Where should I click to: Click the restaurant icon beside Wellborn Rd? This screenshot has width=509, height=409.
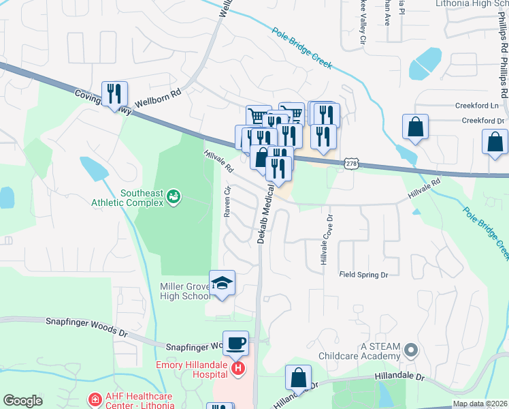coord(114,93)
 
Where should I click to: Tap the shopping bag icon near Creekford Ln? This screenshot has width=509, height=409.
coord(414,127)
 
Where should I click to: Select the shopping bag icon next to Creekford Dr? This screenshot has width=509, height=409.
coord(495,142)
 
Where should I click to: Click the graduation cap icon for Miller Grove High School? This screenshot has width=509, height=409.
coord(222,283)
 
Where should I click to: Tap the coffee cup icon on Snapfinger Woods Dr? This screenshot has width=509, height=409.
coord(235,343)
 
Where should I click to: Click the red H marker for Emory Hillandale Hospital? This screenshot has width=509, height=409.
coord(237,369)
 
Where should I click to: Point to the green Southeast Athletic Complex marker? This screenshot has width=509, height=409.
coord(174,197)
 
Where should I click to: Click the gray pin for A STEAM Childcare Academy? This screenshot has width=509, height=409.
coord(410,350)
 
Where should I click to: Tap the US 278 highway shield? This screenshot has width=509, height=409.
coord(350,164)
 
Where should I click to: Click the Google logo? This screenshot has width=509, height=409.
coord(22,400)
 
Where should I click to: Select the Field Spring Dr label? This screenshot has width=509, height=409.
coord(363,275)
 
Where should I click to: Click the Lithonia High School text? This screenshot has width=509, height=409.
coord(471,4)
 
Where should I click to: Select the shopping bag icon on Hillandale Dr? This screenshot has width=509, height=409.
coord(298,377)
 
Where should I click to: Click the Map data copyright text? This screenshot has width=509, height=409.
coord(480,404)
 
